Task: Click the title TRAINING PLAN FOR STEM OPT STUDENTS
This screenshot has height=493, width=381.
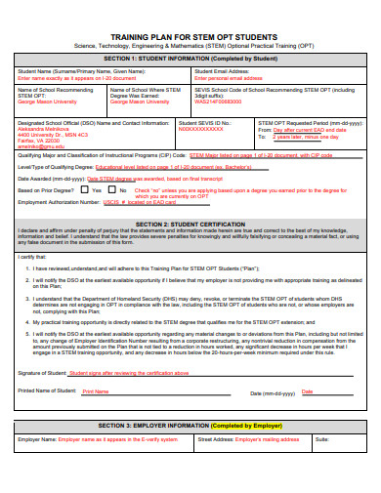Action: pyautogui.click(x=190, y=34)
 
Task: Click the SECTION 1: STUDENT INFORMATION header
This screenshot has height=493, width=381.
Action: pyautogui.click(x=190, y=58)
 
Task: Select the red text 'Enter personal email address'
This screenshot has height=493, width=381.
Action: pyautogui.click(x=235, y=77)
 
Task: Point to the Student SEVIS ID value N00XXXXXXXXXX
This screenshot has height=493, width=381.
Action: pyautogui.click(x=201, y=128)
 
